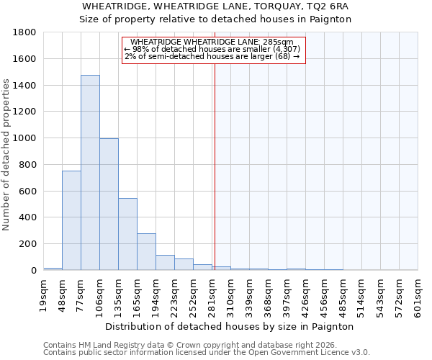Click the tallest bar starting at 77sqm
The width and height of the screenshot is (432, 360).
pos(90,173)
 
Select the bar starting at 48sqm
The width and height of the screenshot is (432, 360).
pos(71,220)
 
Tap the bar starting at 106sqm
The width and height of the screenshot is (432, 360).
pos(109,204)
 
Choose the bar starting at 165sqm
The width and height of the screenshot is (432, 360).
pos(146,252)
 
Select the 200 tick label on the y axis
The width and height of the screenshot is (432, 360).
pos(30,244)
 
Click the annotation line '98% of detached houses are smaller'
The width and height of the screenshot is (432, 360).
pos(214,49)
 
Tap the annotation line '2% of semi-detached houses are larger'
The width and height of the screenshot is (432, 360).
pos(212,56)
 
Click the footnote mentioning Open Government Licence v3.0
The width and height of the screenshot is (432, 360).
pos(207,352)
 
